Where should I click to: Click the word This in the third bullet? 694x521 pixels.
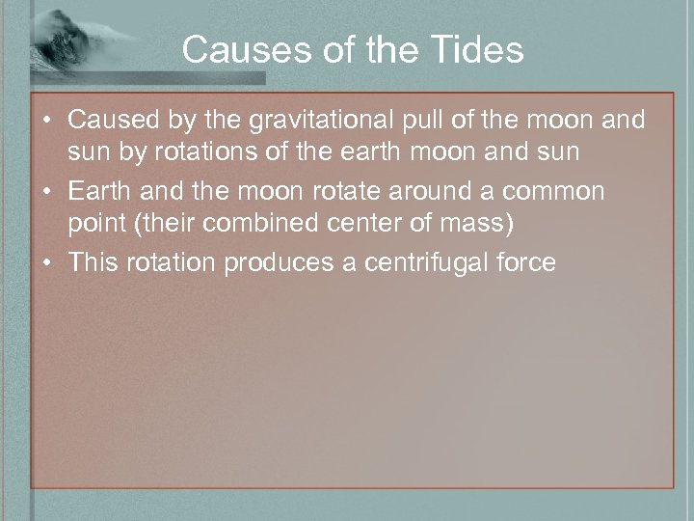pyautogui.click(x=91, y=262)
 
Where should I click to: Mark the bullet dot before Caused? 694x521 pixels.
pyautogui.click(x=46, y=122)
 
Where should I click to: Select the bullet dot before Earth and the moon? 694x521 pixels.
pyautogui.click(x=46, y=192)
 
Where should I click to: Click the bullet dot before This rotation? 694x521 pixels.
pyautogui.click(x=46, y=263)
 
